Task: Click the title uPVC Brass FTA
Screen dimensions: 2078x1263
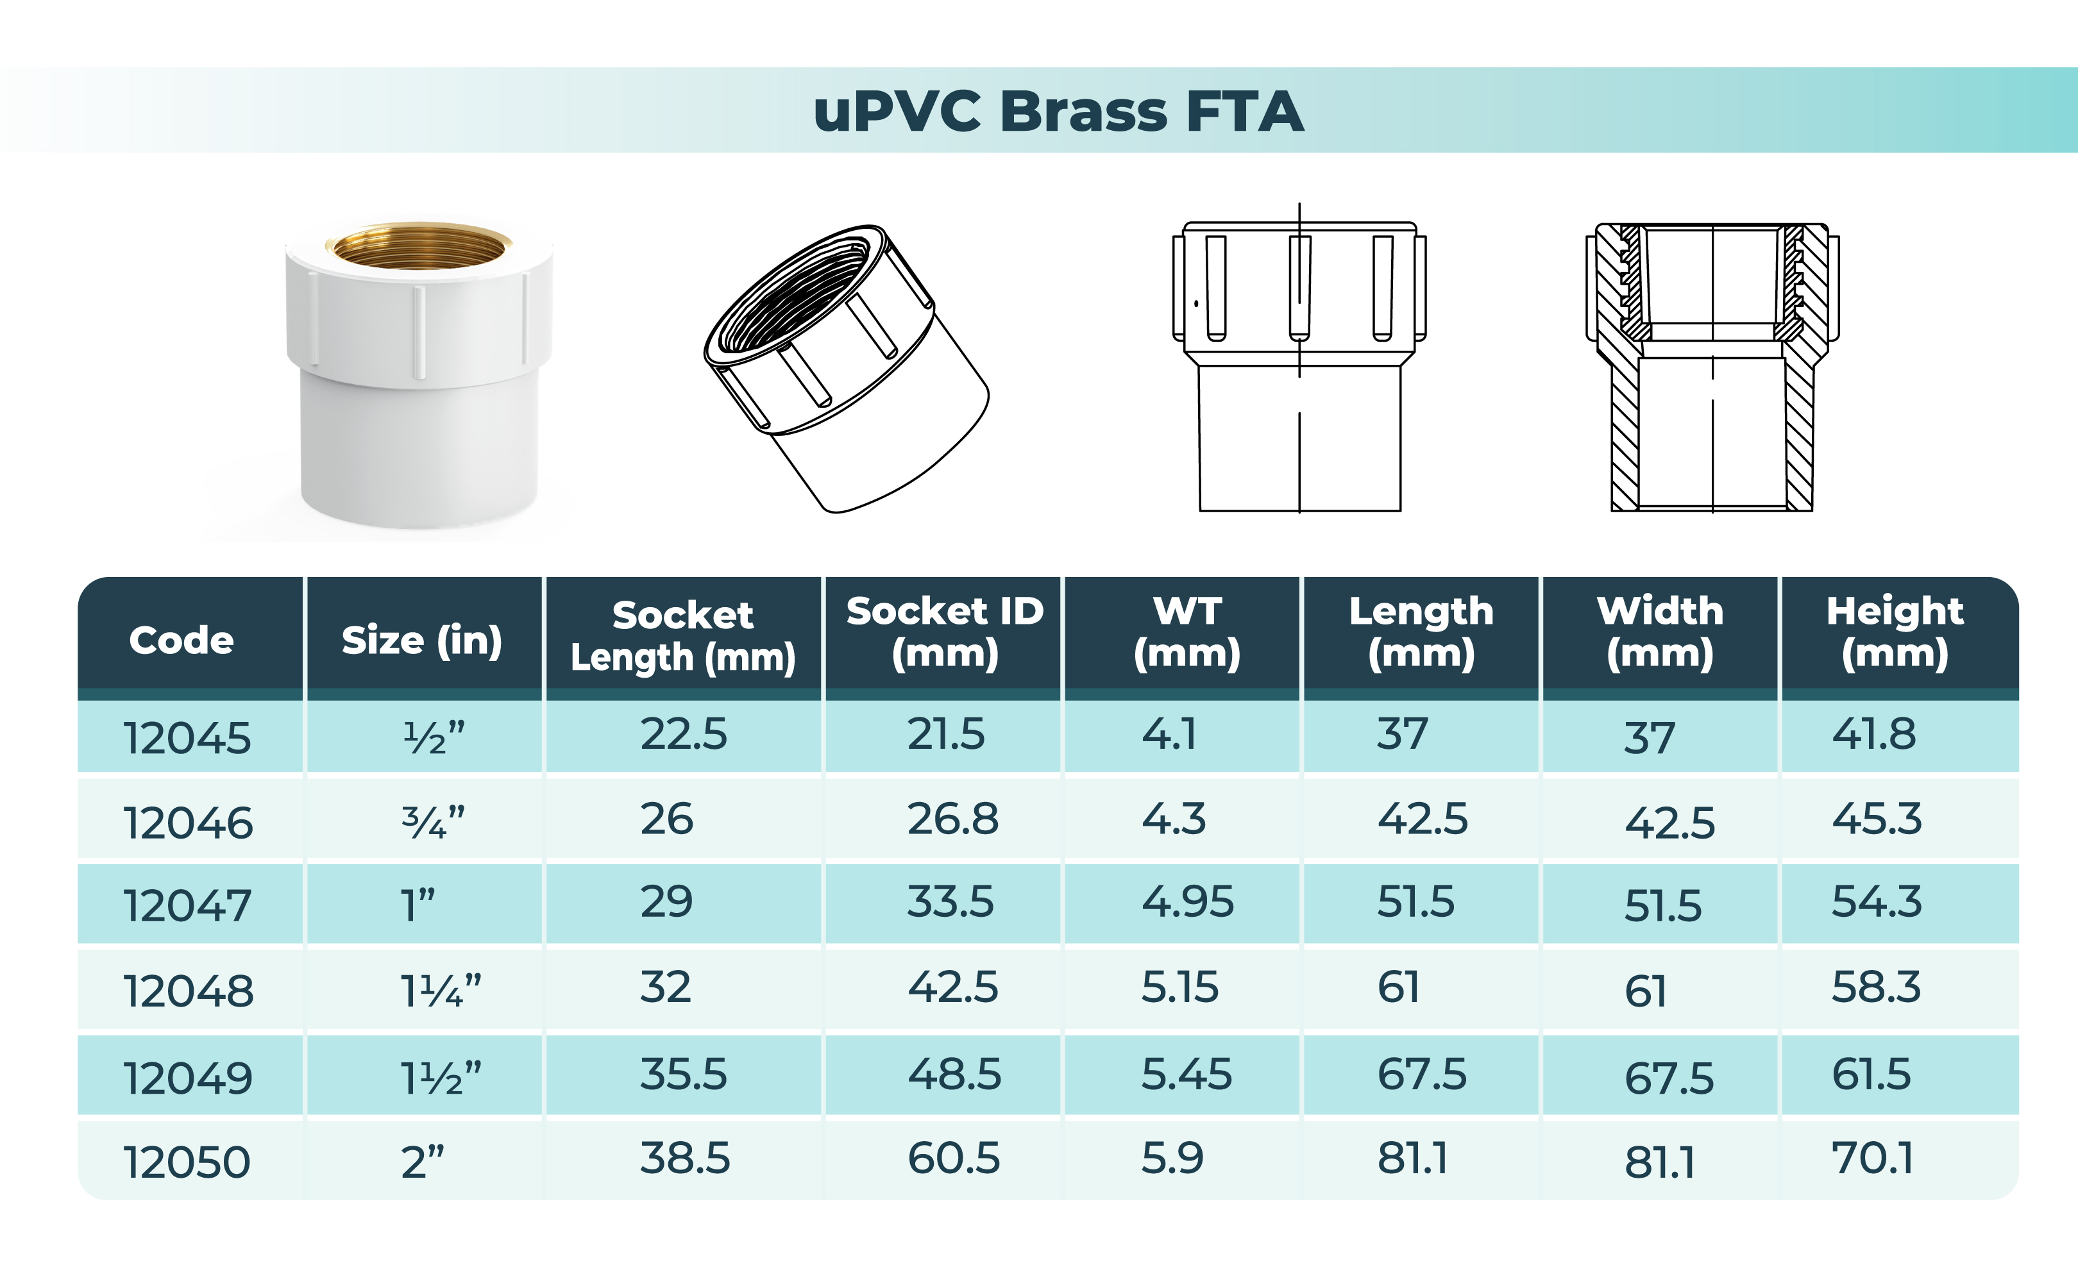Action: (1058, 112)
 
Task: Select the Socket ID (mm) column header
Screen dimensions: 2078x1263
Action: (945, 632)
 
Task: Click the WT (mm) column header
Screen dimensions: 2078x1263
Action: (1187, 632)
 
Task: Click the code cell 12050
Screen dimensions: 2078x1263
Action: (187, 1162)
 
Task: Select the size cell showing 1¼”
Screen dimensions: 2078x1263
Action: (440, 990)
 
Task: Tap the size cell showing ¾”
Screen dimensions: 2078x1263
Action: (434, 821)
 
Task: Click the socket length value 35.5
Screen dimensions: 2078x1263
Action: (683, 1074)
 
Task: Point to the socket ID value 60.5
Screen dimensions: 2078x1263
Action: (954, 1158)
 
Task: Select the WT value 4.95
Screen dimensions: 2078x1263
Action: (1187, 901)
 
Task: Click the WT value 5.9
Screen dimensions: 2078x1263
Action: (1172, 1158)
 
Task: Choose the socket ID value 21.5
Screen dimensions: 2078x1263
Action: (945, 733)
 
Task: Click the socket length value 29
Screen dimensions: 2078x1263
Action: (666, 901)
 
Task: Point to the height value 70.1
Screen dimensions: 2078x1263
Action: (1872, 1158)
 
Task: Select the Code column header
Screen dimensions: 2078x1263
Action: (182, 640)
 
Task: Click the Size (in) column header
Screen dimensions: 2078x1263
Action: (421, 640)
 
